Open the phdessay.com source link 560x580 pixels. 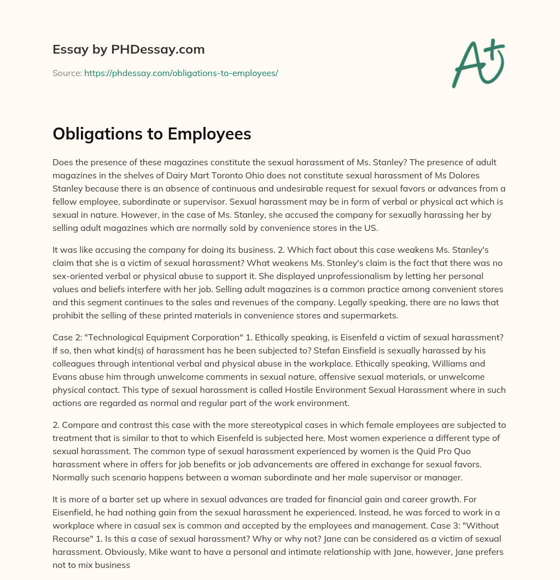pyautogui.click(x=181, y=73)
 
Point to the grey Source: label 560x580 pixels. pyautogui.click(x=67, y=73)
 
